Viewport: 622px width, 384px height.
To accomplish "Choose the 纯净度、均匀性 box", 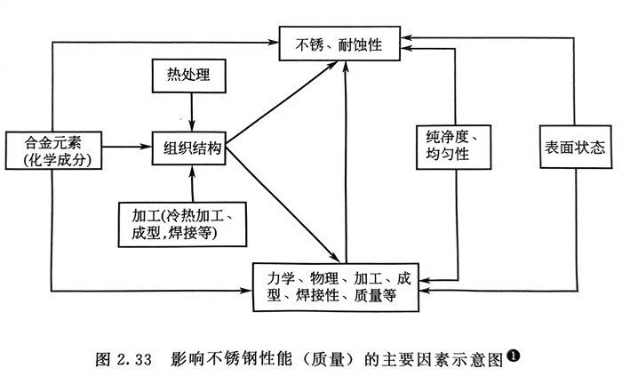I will [x=454, y=146].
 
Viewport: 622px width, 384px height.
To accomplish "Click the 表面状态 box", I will [x=573, y=148].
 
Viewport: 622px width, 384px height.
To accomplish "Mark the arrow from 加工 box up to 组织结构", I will [x=189, y=183].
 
